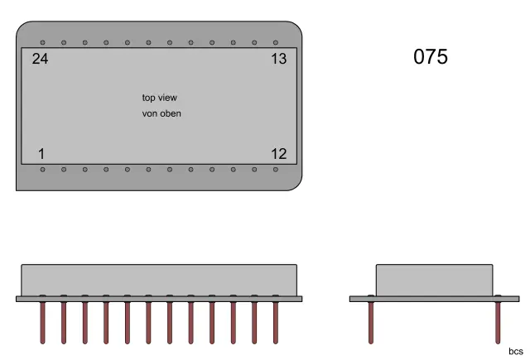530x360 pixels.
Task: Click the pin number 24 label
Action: click(40, 59)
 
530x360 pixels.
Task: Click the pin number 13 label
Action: click(278, 59)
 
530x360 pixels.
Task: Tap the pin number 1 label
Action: click(41, 153)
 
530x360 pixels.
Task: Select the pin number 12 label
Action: click(278, 153)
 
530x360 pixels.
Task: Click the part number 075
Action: click(430, 57)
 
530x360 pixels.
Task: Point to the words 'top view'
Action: click(160, 98)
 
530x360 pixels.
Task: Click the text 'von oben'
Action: click(161, 113)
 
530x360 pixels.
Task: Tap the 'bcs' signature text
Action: click(515, 351)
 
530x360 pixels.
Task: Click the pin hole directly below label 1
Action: click(42, 170)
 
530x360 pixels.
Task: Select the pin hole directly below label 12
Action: click(276, 170)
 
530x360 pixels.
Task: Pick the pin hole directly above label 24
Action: click(42, 42)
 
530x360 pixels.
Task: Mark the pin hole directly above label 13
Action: click(276, 42)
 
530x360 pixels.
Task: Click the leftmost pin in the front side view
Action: click(42, 322)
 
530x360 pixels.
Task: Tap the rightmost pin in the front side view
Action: click(276, 322)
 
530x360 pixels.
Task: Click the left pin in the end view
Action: click(372, 322)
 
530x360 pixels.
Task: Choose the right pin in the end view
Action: click(498, 322)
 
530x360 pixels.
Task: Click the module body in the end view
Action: click(435, 280)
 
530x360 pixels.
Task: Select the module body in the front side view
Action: click(158, 280)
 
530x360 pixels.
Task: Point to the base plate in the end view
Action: click(435, 299)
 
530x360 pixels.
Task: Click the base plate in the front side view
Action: click(158, 299)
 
